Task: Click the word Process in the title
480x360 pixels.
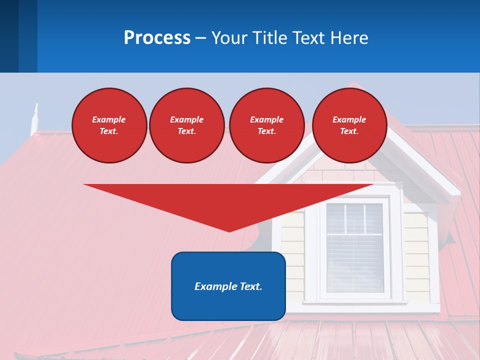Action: (x=157, y=38)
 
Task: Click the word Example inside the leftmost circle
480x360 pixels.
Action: (x=109, y=119)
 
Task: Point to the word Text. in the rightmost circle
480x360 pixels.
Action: (x=349, y=131)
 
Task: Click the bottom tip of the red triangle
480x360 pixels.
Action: (x=229, y=231)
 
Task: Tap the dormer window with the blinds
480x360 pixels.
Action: (x=354, y=247)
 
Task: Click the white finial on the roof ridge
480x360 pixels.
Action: (x=35, y=118)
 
